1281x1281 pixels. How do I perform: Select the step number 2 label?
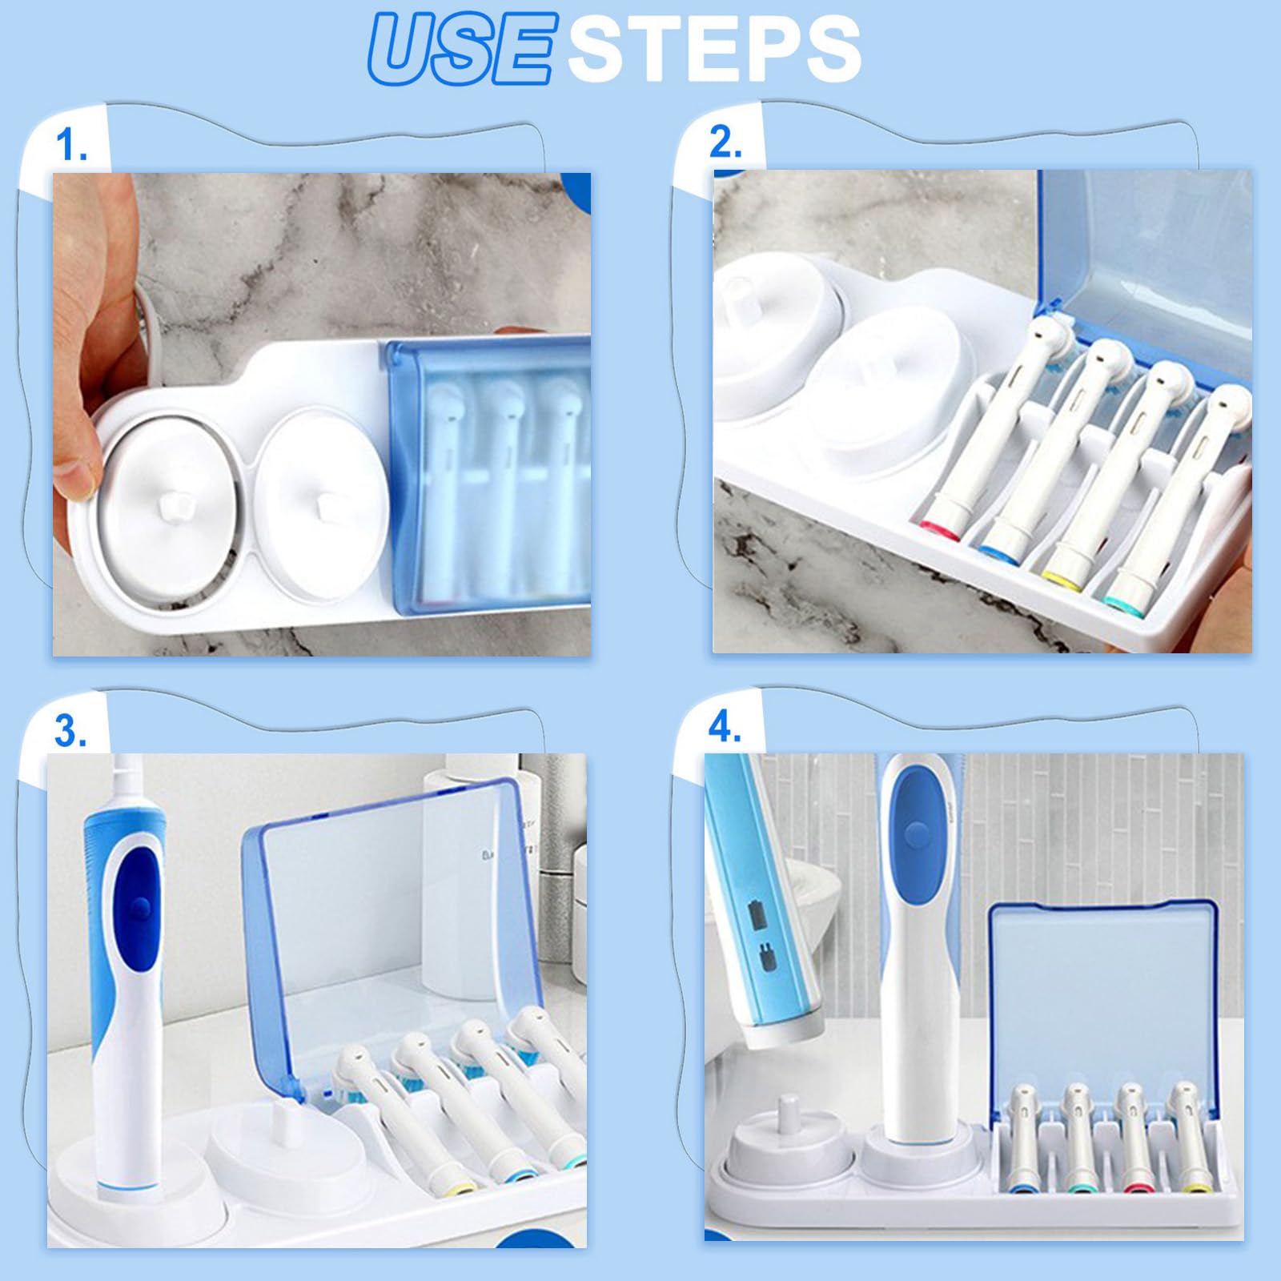pos(725,143)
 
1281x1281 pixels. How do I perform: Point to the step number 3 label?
pos(70,731)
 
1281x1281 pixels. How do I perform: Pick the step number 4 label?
pos(725,727)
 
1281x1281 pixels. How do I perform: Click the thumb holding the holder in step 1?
pos(76,464)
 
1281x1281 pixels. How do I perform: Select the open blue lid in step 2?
pos(1145,264)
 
